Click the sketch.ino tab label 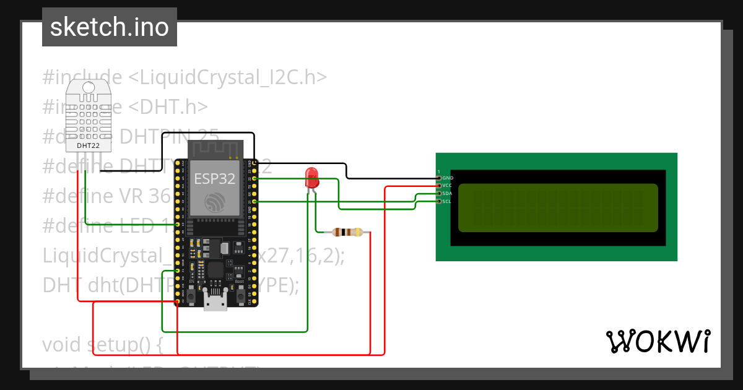click(x=110, y=27)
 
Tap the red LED click(x=311, y=178)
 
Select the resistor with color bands click(x=347, y=232)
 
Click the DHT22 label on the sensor click(x=88, y=145)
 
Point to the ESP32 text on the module click(x=215, y=179)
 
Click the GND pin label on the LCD click(x=448, y=178)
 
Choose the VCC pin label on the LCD click(x=448, y=185)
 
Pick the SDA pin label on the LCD click(x=448, y=193)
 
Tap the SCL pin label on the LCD click(x=448, y=201)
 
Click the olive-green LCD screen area click(x=557, y=207)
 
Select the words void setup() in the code click(x=102, y=345)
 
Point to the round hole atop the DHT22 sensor click(x=89, y=88)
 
